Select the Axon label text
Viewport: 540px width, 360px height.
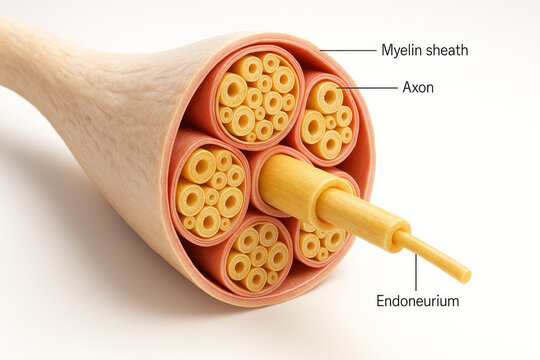[x=418, y=88]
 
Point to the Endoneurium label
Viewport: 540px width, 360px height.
[x=417, y=300]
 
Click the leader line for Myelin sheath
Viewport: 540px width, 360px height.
[x=347, y=50]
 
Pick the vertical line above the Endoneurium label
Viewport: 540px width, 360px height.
[x=416, y=271]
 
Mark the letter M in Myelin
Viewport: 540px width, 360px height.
[x=386, y=50]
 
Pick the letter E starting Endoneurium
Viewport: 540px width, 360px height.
[x=381, y=300]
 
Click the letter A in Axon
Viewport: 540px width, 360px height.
[x=407, y=88]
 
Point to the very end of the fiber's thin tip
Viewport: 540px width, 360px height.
[x=466, y=276]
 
